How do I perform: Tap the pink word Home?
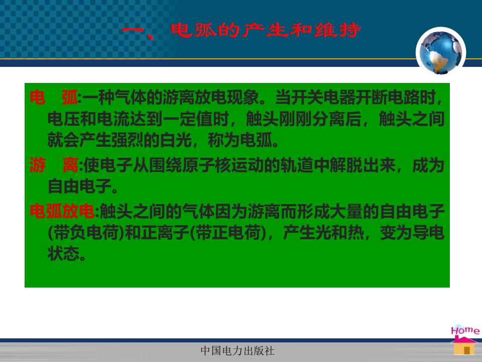[x=465, y=330]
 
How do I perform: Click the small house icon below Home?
[x=464, y=346]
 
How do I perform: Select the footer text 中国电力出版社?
[x=237, y=350]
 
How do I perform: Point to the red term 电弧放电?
[x=62, y=212]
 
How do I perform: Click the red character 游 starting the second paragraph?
[x=38, y=165]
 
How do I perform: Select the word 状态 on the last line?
[x=64, y=253]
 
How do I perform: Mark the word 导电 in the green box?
[x=428, y=233]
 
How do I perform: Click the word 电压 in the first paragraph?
[x=64, y=119]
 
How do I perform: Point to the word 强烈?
[x=128, y=140]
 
